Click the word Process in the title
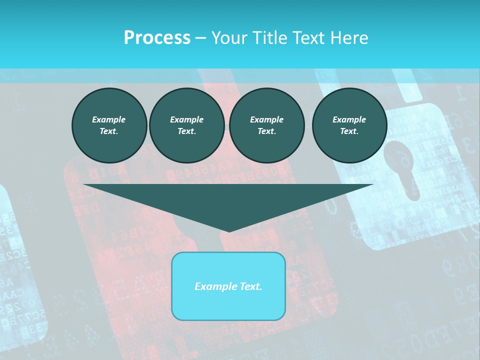[x=157, y=38]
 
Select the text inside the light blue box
[x=228, y=286]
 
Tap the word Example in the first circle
[x=109, y=119]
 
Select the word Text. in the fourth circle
[x=349, y=131]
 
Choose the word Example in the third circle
[x=266, y=119]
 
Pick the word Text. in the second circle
[x=186, y=131]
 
